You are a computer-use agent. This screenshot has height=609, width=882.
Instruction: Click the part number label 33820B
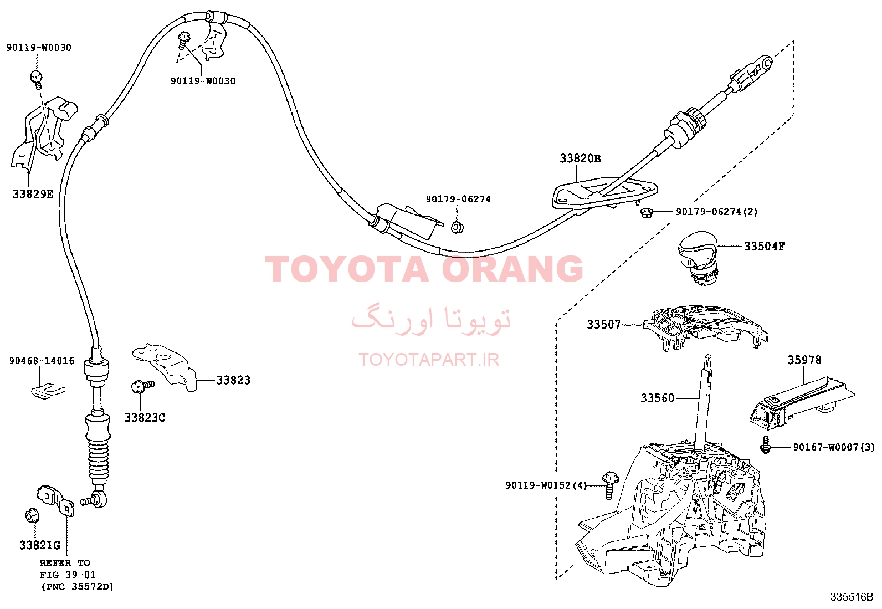tap(581, 158)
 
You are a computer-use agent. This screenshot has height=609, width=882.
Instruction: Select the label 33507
tap(604, 325)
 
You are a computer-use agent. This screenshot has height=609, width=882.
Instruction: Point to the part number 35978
tap(804, 360)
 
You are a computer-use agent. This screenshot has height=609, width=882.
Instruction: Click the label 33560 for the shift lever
tap(657, 398)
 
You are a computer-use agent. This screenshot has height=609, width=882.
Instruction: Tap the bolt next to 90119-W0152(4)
tap(609, 485)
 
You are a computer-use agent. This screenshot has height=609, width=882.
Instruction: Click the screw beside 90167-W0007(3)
tap(765, 445)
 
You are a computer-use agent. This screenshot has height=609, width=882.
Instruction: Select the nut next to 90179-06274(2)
tap(647, 213)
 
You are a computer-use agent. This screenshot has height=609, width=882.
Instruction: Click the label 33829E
tap(33, 194)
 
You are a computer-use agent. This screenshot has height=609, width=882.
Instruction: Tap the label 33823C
tap(145, 418)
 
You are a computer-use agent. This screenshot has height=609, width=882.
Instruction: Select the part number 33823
tap(233, 380)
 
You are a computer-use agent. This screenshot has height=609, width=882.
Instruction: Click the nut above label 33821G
tap(32, 516)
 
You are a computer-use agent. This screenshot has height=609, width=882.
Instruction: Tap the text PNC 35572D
tap(78, 586)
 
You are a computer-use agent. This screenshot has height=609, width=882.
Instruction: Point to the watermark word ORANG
tap(512, 269)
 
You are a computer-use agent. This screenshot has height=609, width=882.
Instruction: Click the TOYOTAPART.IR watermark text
tap(429, 360)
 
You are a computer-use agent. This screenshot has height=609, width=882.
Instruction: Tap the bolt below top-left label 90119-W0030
tap(36, 79)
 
